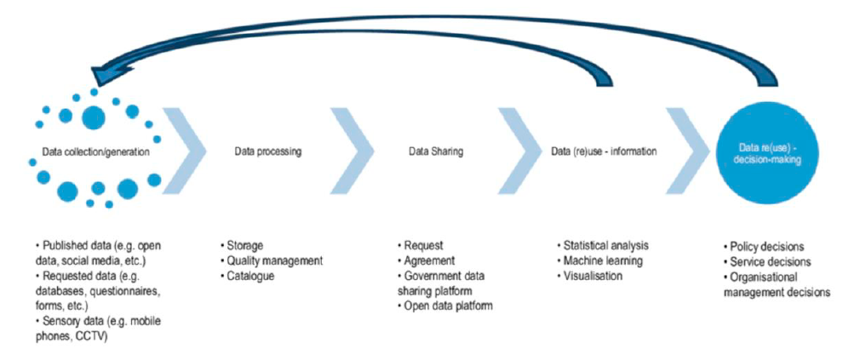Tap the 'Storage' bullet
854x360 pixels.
246,246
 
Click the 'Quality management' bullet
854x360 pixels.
270,261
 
